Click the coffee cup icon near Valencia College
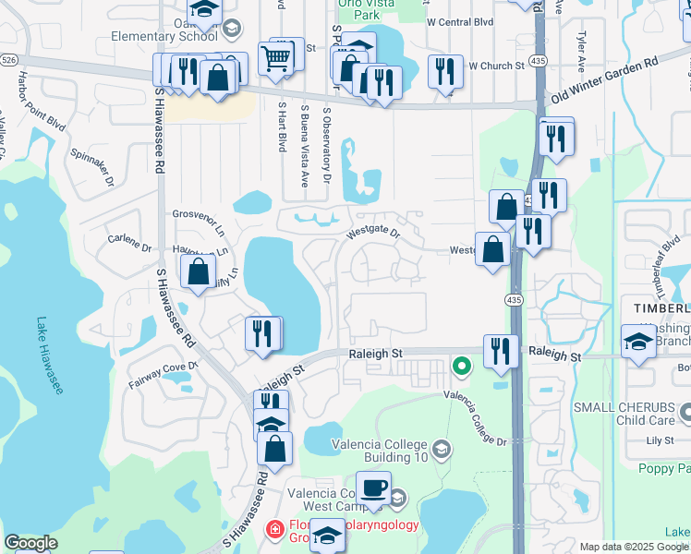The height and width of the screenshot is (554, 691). [x=373, y=489]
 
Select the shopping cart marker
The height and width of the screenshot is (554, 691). [x=276, y=59]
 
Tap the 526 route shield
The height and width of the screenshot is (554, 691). [x=8, y=59]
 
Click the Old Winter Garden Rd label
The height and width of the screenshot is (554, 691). [x=604, y=78]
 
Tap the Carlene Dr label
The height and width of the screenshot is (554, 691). [x=129, y=247]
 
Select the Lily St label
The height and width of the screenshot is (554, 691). [x=661, y=441]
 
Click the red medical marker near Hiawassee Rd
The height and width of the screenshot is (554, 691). [x=273, y=529]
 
